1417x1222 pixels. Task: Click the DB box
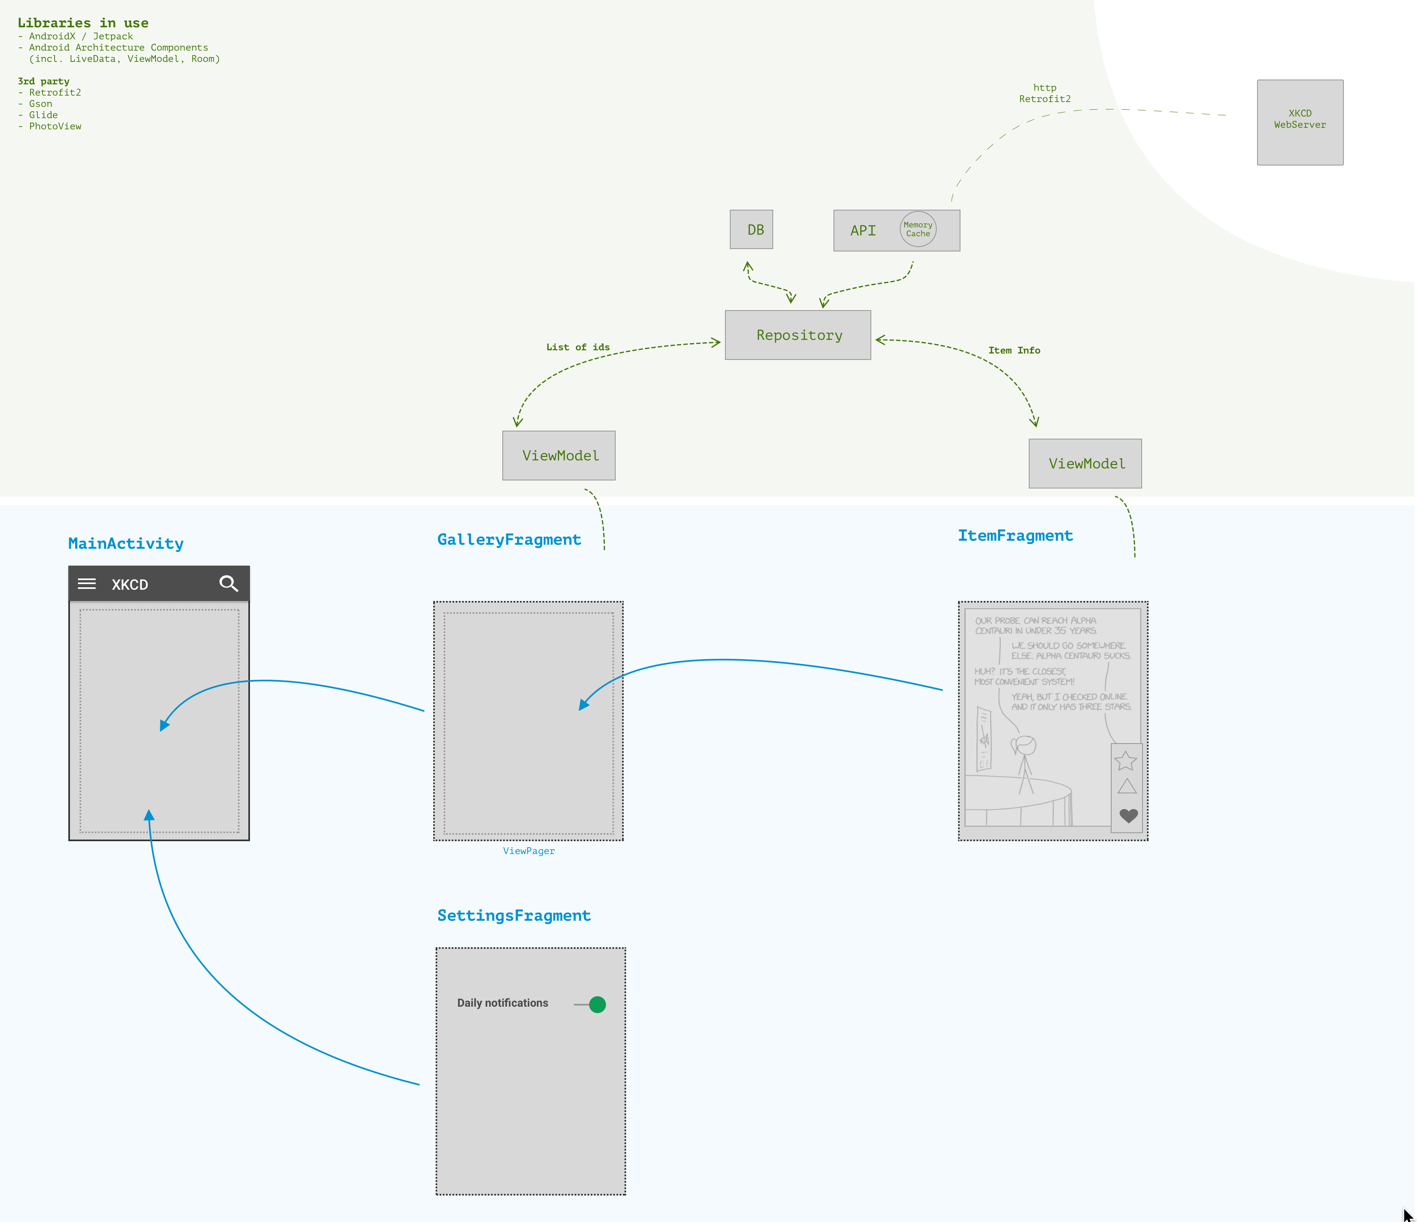pyautogui.click(x=751, y=230)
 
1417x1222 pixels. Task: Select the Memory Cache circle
pyautogui.click(x=918, y=229)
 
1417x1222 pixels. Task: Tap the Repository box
pyautogui.click(x=797, y=335)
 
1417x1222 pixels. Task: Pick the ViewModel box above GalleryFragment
pyautogui.click(x=559, y=455)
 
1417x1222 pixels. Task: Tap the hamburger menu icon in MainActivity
pyautogui.click(x=87, y=584)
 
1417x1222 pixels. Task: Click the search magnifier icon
pyautogui.click(x=228, y=584)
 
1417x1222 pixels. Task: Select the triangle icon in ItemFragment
pyautogui.click(x=1126, y=786)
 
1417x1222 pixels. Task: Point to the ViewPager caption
pyautogui.click(x=528, y=851)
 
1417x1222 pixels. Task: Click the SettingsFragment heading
pyautogui.click(x=514, y=915)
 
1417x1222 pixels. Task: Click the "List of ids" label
pyautogui.click(x=578, y=347)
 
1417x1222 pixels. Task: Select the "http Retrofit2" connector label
pyautogui.click(x=1044, y=93)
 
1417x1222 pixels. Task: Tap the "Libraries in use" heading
pyautogui.click(x=83, y=22)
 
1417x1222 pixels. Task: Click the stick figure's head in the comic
pyautogui.click(x=1026, y=744)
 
